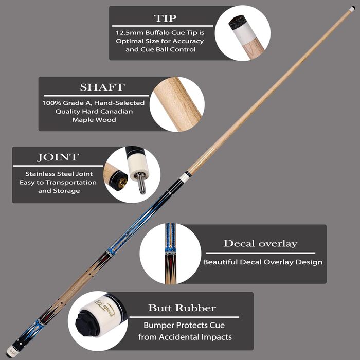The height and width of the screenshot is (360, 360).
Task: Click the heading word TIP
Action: (165, 19)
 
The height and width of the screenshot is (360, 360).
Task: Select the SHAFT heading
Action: (102, 87)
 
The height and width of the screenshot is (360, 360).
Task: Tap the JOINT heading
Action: (58, 157)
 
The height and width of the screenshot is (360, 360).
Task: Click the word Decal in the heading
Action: (239, 244)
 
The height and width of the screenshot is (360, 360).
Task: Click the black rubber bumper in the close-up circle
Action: (87, 323)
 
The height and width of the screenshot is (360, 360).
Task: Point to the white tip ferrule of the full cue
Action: (351, 9)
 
